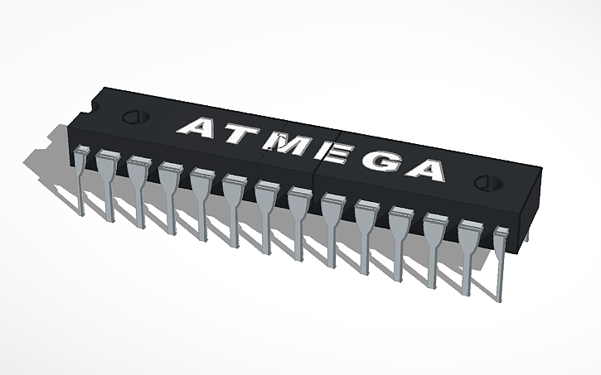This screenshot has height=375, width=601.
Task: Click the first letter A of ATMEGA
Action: pyautogui.click(x=200, y=127)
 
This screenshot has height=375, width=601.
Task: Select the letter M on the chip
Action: pyautogui.click(x=288, y=145)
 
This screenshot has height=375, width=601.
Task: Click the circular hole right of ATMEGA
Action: pyautogui.click(x=484, y=182)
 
